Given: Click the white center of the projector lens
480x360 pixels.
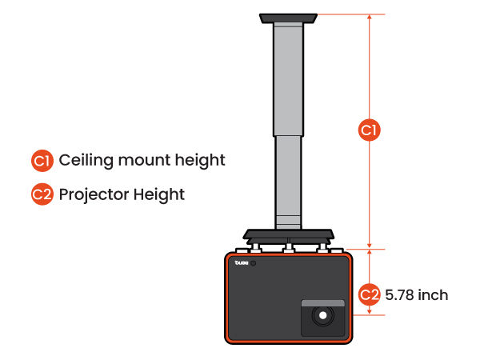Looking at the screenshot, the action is (x=322, y=315).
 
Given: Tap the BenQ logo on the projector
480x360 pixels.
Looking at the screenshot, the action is (x=242, y=262).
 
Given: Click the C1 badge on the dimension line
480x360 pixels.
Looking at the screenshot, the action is (x=369, y=130).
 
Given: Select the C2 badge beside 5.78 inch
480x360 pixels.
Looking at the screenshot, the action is (x=369, y=294).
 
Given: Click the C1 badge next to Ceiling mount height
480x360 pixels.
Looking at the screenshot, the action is (x=42, y=161).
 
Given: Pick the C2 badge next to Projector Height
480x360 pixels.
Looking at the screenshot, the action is (x=42, y=194).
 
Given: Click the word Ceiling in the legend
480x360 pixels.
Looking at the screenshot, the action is (x=86, y=161).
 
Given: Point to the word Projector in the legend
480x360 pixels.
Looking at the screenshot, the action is (x=94, y=195).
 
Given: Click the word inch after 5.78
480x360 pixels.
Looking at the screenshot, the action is (x=433, y=294).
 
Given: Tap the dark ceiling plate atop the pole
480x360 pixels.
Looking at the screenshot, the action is (x=288, y=18).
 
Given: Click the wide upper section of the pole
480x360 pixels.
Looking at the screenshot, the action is (x=288, y=79).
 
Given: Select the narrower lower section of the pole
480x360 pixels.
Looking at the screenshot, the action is (x=288, y=182).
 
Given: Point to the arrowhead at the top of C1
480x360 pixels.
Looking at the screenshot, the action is (x=369, y=17).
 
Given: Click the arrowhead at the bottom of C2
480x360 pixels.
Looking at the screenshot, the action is (x=369, y=312).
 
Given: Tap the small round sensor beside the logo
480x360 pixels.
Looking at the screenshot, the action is (x=253, y=263).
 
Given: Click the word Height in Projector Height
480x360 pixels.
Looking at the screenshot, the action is (x=159, y=195).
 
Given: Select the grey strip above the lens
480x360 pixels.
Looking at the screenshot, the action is (x=323, y=303).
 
